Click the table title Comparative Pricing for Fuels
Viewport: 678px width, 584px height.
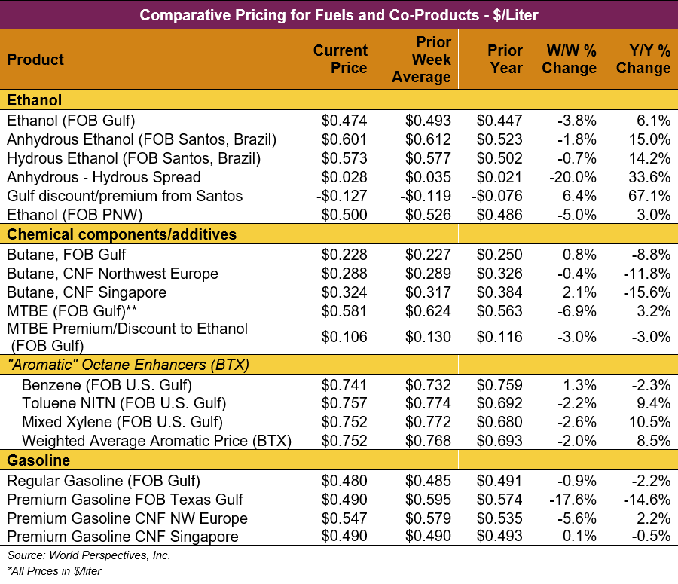(x=339, y=14)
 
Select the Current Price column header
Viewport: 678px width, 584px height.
(x=341, y=59)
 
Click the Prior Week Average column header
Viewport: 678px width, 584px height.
(x=422, y=59)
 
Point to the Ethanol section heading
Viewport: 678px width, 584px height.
(x=35, y=100)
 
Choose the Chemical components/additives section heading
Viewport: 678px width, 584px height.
(x=122, y=234)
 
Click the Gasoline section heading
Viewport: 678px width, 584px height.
(x=38, y=460)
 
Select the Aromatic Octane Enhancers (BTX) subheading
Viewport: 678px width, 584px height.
(x=128, y=365)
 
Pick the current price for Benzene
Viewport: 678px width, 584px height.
(x=344, y=384)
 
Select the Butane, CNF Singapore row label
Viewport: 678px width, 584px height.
(x=87, y=292)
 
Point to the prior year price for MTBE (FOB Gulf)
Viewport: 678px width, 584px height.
(x=499, y=310)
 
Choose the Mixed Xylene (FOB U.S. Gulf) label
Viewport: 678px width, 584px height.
(x=122, y=422)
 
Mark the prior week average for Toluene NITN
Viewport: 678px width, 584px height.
(x=428, y=403)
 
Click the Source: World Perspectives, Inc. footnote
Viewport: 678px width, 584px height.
(x=89, y=555)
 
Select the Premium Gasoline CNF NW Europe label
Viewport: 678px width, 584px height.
(x=127, y=518)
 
